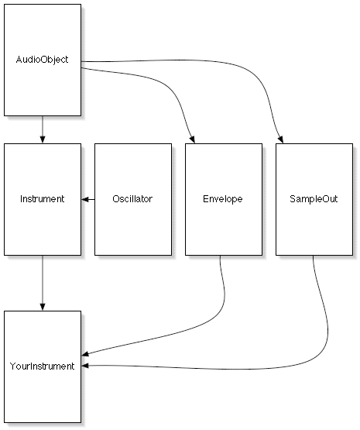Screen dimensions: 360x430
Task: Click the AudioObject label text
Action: tap(42, 60)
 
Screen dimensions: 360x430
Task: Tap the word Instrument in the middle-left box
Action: tap(42, 198)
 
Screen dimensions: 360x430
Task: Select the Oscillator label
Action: tap(132, 198)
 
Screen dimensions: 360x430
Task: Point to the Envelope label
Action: tap(223, 199)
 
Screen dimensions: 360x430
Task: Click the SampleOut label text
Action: tap(314, 199)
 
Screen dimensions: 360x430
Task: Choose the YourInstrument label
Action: tap(42, 366)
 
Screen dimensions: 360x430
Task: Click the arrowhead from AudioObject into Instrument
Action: tap(42, 139)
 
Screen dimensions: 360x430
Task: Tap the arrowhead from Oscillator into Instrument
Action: tap(85, 199)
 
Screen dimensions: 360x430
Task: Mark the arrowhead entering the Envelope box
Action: tap(192, 139)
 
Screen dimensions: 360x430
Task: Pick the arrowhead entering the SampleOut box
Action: tap(280, 139)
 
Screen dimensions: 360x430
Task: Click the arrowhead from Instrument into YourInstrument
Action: tap(42, 307)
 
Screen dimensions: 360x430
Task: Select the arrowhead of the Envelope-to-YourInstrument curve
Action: tap(85, 354)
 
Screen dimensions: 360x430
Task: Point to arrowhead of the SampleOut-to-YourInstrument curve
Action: tap(85, 366)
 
